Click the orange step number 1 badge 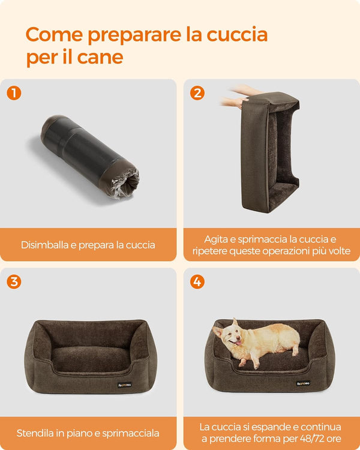click(13, 93)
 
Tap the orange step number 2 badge click(197, 93)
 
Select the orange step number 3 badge click(13, 281)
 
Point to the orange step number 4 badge click(197, 281)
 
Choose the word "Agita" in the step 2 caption click(217, 238)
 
